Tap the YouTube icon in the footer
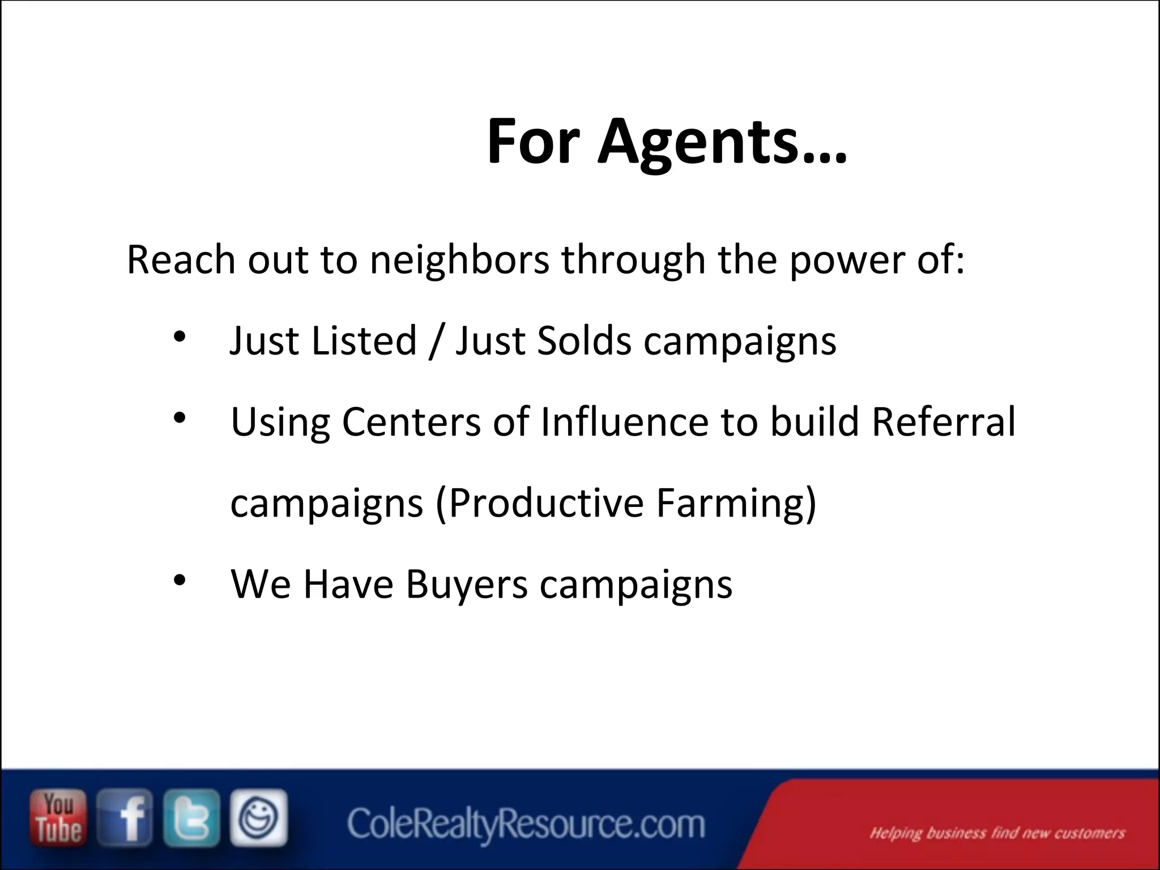(58, 818)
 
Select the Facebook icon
(125, 818)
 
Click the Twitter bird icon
(191, 818)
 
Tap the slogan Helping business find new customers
(997, 833)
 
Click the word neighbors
(459, 260)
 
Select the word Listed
(364, 341)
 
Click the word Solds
(583, 341)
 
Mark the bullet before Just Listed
(180, 338)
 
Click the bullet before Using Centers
(180, 419)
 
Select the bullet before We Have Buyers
(180, 581)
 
